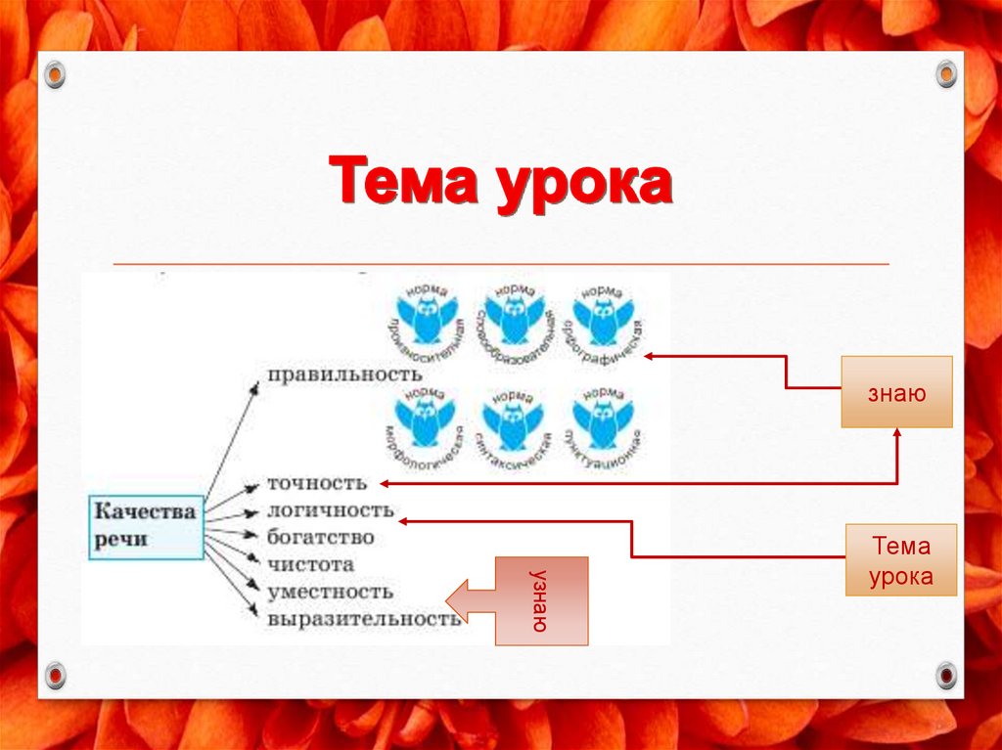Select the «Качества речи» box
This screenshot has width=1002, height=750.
(146, 526)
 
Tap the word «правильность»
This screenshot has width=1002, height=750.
(344, 375)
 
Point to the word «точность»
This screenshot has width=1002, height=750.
(318, 483)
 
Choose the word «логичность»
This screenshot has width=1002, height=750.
(331, 510)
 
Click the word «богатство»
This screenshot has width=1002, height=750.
(321, 538)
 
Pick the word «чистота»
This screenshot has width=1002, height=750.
(311, 564)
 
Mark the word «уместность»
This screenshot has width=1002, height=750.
(330, 592)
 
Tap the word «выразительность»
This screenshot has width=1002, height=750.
(363, 619)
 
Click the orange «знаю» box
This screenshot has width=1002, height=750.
(896, 392)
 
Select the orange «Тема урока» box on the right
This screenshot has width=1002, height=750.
(900, 560)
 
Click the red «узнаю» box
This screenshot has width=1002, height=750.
(541, 600)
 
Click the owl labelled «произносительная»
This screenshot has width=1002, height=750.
(426, 318)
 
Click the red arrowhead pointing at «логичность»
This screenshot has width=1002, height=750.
(403, 521)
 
